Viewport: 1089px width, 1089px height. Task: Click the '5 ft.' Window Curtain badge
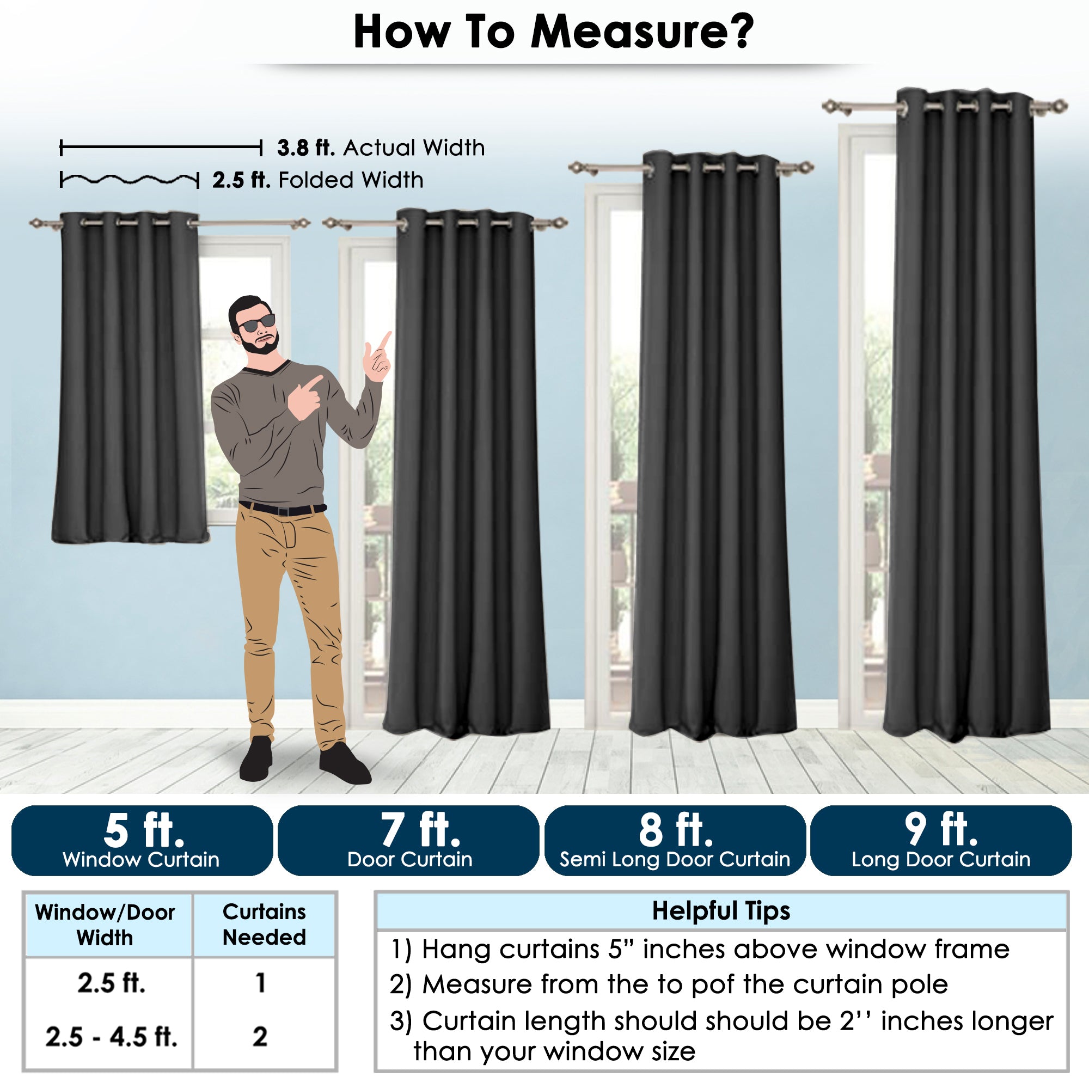coord(142,840)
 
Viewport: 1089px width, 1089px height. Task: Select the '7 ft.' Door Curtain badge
coord(409,840)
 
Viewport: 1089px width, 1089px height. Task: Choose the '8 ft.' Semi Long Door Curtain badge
coord(675,840)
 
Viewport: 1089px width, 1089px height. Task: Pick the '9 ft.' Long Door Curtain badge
coord(941,840)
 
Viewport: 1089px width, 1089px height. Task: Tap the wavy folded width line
coord(130,180)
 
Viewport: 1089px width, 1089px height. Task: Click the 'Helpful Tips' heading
coord(721,911)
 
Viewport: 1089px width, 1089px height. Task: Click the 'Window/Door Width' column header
coord(105,925)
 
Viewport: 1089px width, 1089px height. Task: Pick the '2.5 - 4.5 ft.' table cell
coord(111,1037)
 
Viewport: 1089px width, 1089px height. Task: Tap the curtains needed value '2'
coord(260,1037)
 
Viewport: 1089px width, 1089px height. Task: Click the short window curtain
coord(130,378)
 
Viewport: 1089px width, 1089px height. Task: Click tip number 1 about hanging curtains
coord(699,949)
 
